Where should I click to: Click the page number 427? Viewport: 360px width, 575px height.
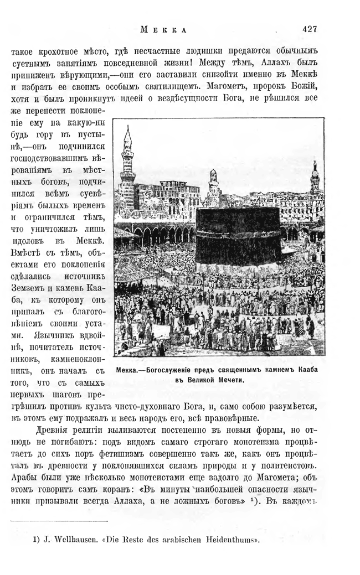[x=313, y=29]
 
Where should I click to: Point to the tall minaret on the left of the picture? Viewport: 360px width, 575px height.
[x=128, y=160]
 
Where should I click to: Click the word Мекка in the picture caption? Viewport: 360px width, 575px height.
[x=132, y=370]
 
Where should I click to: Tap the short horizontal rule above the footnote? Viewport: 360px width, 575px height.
[x=60, y=520]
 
